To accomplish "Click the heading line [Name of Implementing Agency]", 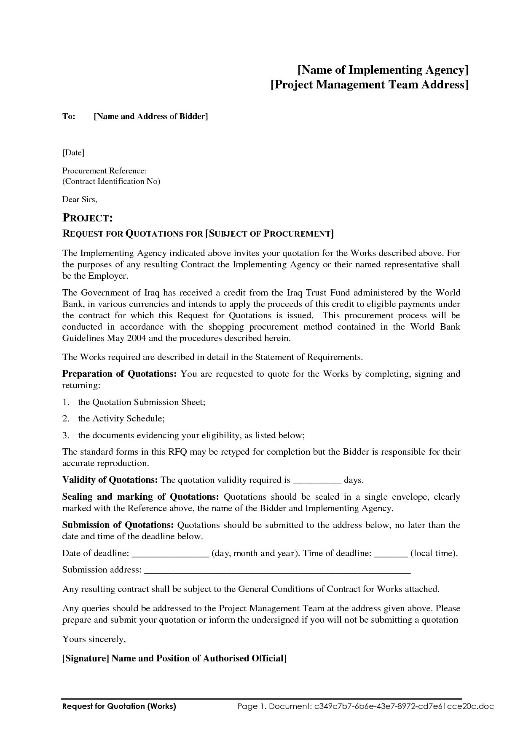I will [383, 69].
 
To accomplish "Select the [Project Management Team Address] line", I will [369, 85].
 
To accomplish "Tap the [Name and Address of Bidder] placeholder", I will [151, 117].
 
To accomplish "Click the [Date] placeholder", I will [73, 153].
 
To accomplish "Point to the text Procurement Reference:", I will [105, 171].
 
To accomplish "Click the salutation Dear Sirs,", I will [80, 199].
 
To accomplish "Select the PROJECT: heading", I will [87, 218].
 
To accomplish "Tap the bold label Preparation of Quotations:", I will [119, 374].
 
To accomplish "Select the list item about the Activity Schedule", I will [121, 418].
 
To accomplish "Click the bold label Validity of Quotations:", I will [110, 480].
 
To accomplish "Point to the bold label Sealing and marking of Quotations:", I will [140, 497].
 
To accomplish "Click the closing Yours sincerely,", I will [94, 639].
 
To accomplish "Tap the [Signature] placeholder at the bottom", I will [86, 658].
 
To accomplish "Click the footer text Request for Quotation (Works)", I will [119, 706].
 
